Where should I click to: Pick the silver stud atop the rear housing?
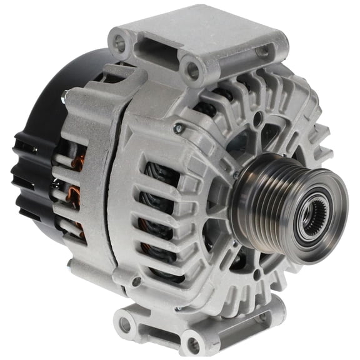66,97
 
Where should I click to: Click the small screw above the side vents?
179,129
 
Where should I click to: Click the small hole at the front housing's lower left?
136,282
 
